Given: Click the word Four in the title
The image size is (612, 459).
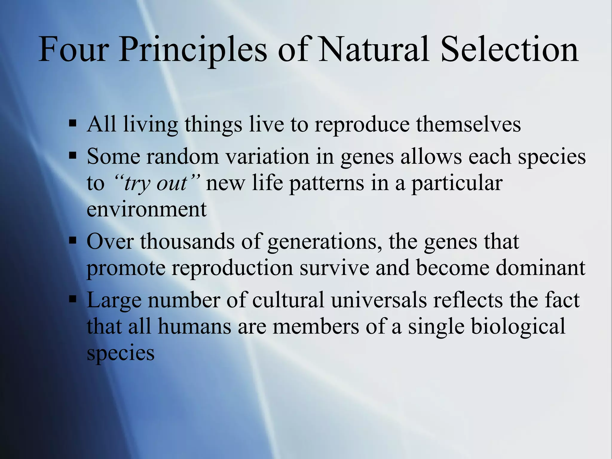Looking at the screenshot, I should (x=73, y=49).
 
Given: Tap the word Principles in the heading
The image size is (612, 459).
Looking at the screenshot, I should (x=193, y=49).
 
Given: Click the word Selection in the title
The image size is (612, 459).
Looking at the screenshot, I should (x=510, y=49).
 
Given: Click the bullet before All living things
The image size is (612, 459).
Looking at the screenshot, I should (x=73, y=123).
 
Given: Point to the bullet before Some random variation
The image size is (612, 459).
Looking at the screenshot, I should (x=73, y=155).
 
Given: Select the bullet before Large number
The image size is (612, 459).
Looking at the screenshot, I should (x=73, y=299).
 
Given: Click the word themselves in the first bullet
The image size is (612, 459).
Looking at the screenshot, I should (x=468, y=124).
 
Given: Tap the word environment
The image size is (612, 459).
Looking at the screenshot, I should (x=146, y=209).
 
